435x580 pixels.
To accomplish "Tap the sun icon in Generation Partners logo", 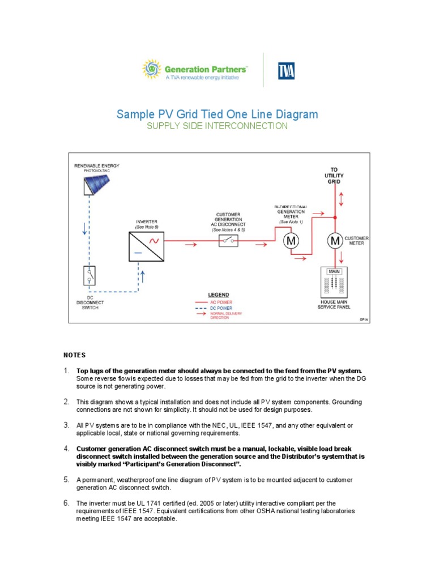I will point(151,70).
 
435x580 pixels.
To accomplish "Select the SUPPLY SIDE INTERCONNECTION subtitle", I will point(217,126).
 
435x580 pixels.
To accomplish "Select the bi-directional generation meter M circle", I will point(291,241).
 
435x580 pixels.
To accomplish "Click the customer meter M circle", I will point(335,241).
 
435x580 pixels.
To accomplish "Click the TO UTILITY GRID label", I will point(335,176).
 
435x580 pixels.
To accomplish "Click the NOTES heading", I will point(74,355).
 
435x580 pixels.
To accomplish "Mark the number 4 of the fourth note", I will point(66,449).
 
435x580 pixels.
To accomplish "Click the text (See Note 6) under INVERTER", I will point(147,227).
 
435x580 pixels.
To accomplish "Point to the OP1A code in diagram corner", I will point(362,319).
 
